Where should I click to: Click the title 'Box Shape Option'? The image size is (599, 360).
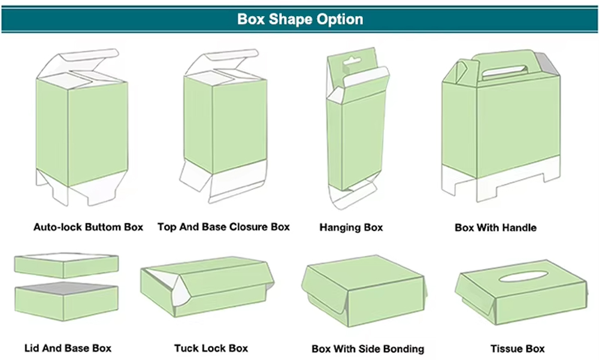click(299, 19)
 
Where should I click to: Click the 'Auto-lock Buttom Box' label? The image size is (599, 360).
click(88, 227)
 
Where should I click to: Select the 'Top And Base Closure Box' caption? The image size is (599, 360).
click(223, 227)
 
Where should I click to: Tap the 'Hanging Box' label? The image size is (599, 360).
click(351, 228)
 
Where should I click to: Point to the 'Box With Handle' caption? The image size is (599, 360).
click(495, 228)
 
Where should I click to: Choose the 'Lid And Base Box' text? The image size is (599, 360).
click(68, 348)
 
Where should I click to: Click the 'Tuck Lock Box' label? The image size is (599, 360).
click(211, 348)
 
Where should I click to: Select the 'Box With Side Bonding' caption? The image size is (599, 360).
click(368, 349)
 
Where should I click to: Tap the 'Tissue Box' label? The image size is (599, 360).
click(517, 348)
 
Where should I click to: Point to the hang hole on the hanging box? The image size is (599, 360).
click(347, 62)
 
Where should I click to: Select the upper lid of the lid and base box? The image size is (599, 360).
click(66, 265)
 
